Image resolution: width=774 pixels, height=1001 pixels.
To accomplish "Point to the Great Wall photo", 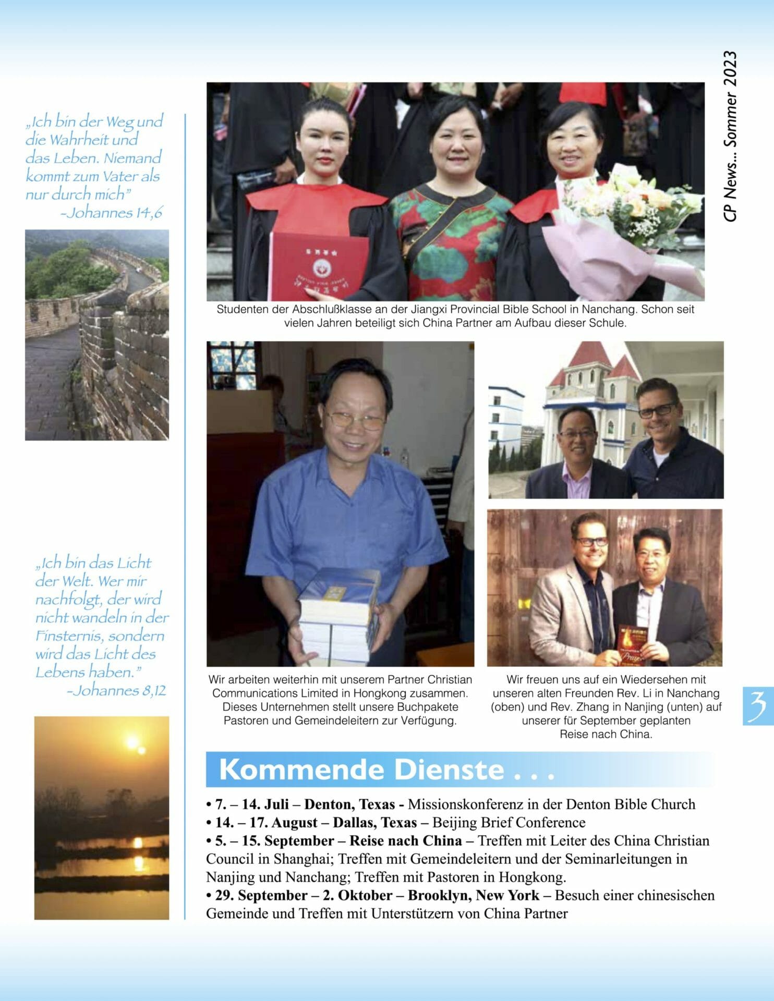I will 97,335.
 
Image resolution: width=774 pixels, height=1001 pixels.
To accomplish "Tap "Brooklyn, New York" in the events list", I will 473,895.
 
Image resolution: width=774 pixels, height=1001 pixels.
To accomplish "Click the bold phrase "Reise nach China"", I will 405,840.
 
